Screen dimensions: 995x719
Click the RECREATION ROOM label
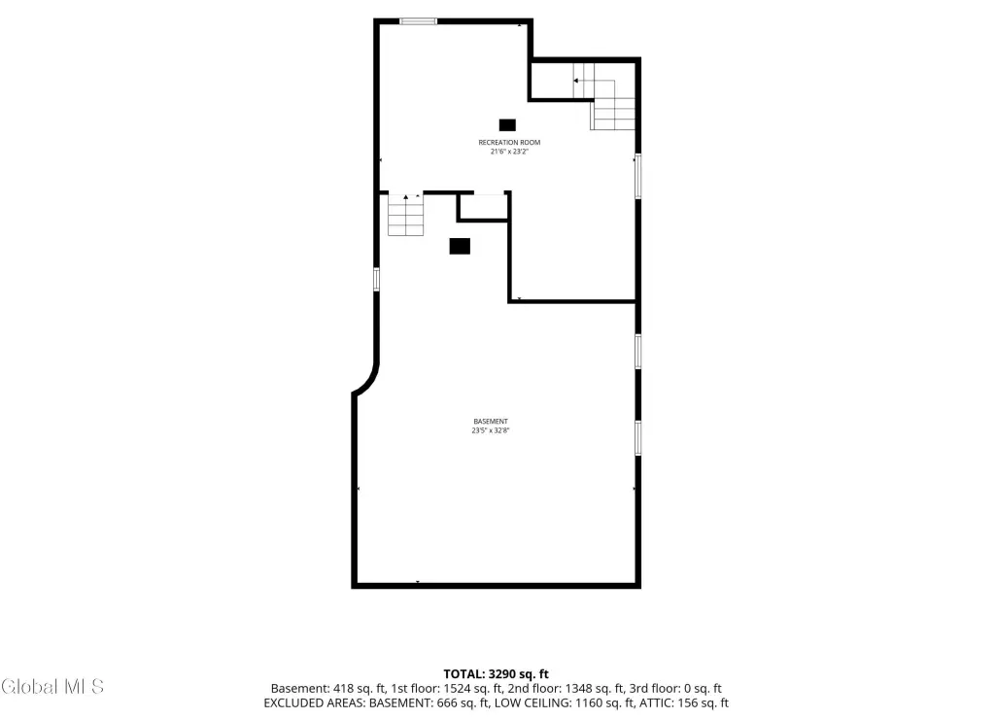coord(509,142)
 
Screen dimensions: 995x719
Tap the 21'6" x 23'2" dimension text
coord(509,152)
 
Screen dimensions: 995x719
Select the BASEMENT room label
coord(491,422)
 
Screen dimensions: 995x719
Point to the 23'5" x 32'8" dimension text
coord(491,430)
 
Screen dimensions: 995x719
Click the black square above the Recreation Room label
coord(507,125)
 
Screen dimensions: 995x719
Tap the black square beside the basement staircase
coord(460,246)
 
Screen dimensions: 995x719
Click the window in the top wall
coord(418,21)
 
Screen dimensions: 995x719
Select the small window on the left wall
coord(376,279)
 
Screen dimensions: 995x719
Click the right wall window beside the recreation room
coord(637,176)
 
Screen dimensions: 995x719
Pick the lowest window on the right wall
coord(637,438)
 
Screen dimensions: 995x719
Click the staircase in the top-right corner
coord(603,96)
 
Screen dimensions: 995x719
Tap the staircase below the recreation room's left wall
coord(405,215)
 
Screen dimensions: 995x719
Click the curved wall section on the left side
coord(369,381)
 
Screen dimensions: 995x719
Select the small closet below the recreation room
coord(484,207)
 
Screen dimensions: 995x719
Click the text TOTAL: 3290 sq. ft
coord(496,674)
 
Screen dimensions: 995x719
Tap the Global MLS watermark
coord(52,687)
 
